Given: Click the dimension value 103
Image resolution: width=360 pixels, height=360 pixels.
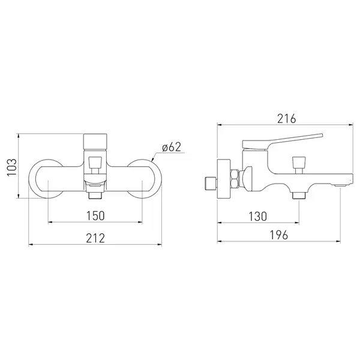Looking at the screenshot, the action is point(12,167).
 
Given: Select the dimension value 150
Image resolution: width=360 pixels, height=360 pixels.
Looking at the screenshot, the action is point(95,215).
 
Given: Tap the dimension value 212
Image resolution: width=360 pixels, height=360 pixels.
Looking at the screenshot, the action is point(95,238).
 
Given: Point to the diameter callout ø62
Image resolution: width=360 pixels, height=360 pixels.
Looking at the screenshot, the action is point(172,147).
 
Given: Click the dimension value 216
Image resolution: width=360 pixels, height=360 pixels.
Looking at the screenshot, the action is point(287,119).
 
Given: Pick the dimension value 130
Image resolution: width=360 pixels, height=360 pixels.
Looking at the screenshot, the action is point(258,216).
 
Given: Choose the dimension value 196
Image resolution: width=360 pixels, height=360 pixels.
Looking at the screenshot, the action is point(278,235).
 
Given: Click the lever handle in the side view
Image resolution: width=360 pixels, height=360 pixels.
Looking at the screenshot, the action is point(283,141).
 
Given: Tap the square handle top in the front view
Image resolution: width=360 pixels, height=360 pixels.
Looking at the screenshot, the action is point(95,142).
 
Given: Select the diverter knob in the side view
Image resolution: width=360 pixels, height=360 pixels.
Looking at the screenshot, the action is point(299,165).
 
